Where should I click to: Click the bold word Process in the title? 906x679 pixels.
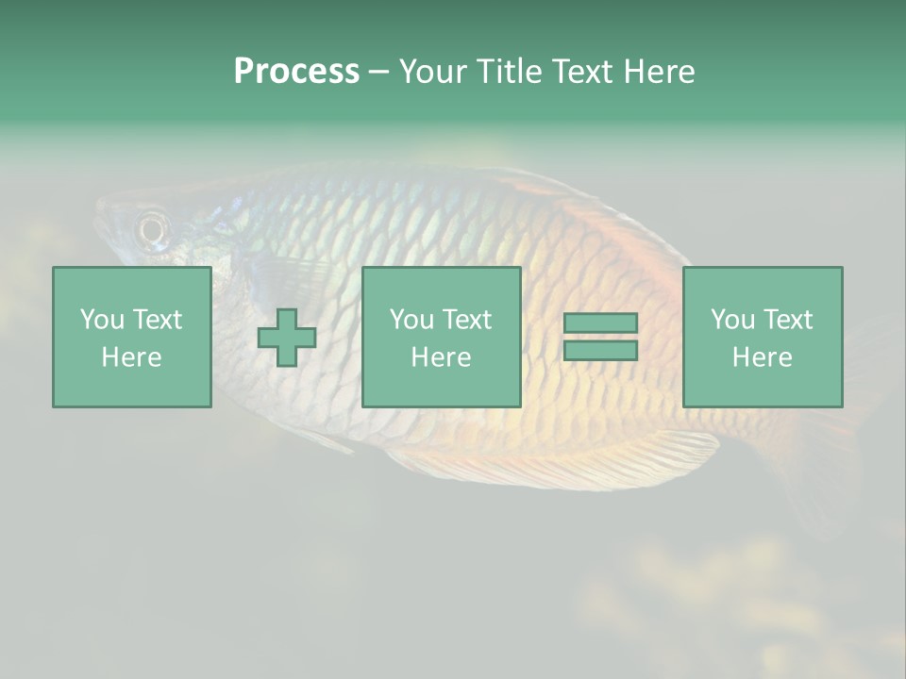point(296,71)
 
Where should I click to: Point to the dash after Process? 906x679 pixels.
point(378,73)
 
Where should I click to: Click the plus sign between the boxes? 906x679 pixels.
point(287,338)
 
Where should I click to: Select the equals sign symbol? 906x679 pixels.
point(600,337)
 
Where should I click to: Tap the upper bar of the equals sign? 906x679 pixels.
point(600,323)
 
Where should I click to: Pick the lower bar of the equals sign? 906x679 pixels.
point(600,350)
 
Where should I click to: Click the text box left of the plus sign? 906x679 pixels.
point(132,337)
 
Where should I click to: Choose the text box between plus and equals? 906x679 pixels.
point(441,337)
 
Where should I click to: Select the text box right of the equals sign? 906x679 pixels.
point(762,337)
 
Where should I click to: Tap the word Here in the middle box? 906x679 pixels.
point(441,357)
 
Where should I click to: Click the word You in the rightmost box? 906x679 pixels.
point(732,320)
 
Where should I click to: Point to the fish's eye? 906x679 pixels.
point(152,227)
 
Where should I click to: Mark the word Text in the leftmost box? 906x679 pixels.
point(157,320)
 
